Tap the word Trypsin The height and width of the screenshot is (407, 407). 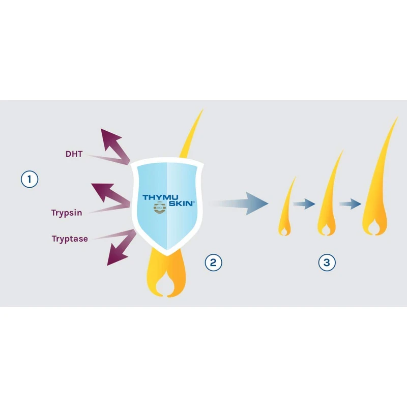point(66,213)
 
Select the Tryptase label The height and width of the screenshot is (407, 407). point(69,238)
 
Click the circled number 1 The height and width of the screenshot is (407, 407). point(30,179)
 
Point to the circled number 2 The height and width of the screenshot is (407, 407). point(213,263)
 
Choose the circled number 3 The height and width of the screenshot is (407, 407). point(327,263)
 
